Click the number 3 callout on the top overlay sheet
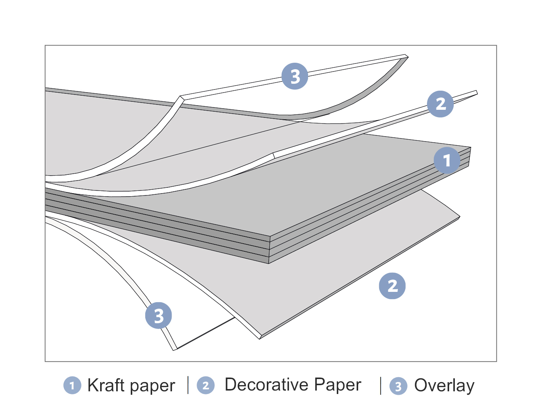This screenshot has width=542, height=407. click(295, 77)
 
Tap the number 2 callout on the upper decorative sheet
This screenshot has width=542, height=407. click(440, 104)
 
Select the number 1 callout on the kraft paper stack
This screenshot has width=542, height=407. click(447, 160)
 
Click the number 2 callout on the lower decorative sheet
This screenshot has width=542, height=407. click(392, 286)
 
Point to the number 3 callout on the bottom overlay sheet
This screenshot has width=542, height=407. click(159, 316)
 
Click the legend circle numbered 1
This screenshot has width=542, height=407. click(72, 386)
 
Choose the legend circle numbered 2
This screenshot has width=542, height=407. click(206, 386)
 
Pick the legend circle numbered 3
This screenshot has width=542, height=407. click(398, 386)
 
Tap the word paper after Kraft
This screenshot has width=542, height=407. click(153, 386)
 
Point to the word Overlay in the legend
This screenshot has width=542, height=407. click(444, 386)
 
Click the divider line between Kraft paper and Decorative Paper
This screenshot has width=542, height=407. click(188, 385)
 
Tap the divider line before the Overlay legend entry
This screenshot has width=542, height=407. click(381, 385)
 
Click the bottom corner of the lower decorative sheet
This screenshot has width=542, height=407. click(260, 338)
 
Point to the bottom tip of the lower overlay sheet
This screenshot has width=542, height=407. click(175, 349)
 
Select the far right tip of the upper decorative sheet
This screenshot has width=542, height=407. click(476, 92)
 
